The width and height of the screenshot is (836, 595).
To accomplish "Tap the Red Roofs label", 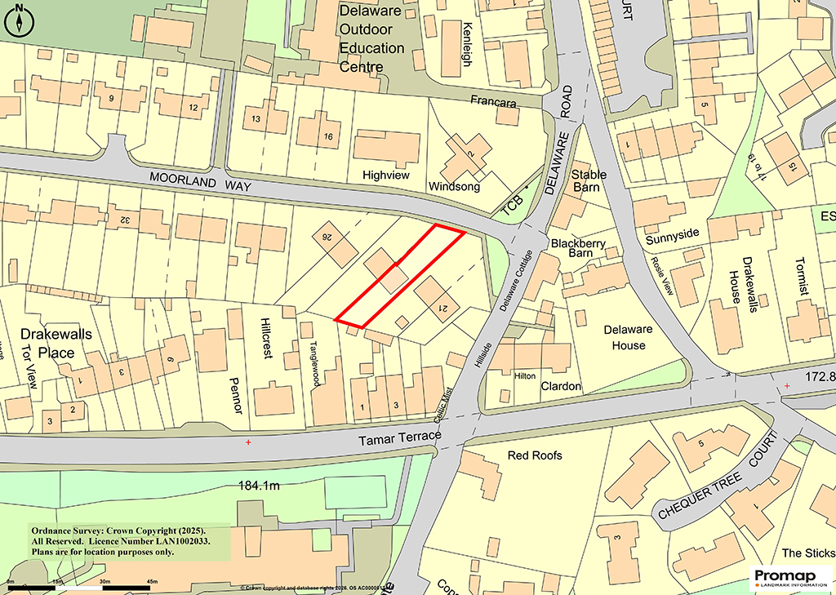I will tap(535, 455).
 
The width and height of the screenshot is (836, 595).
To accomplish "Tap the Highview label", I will tap(385, 175).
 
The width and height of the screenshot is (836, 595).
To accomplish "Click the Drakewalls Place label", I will tap(56, 344).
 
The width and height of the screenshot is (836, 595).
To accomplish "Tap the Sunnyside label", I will tap(673, 233).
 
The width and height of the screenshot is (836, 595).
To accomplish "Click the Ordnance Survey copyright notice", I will tap(119, 540).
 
